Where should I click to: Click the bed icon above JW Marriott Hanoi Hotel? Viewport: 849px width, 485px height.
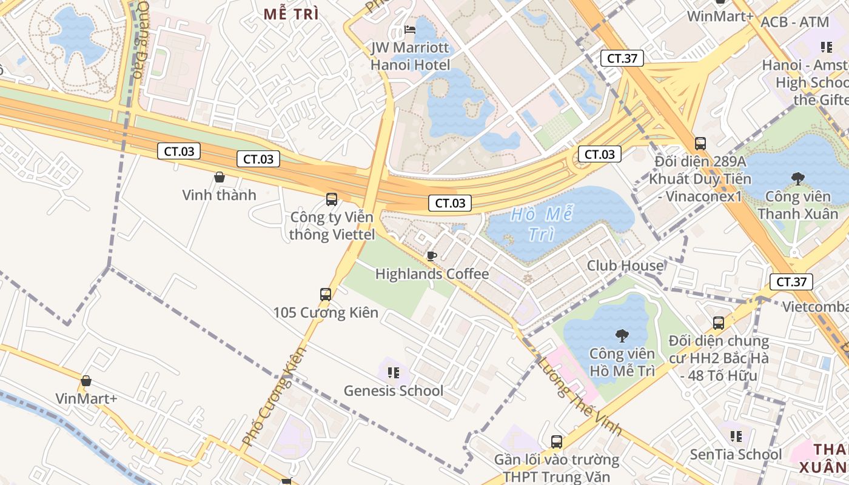click(410, 30)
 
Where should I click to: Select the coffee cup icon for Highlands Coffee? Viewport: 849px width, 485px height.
click(431, 256)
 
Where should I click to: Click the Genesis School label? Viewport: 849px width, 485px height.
click(394, 391)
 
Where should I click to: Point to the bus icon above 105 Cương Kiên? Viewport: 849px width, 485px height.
click(326, 295)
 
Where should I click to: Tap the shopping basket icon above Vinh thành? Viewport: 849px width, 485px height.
click(220, 177)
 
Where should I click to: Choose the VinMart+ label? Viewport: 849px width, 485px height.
click(86, 398)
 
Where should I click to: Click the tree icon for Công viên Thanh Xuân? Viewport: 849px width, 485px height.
click(797, 178)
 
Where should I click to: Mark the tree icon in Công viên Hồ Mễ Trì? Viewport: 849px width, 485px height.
click(622, 335)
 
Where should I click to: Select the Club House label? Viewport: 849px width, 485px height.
click(625, 266)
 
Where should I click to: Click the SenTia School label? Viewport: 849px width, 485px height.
click(736, 454)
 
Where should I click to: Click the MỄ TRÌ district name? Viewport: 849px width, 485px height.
click(291, 15)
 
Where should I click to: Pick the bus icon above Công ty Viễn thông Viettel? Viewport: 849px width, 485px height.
click(331, 199)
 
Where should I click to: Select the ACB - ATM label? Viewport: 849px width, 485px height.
click(794, 22)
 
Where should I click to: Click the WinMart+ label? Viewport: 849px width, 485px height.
click(720, 16)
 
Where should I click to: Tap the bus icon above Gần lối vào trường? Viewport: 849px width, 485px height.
click(556, 442)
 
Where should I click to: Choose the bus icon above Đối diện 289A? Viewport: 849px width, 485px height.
click(700, 144)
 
